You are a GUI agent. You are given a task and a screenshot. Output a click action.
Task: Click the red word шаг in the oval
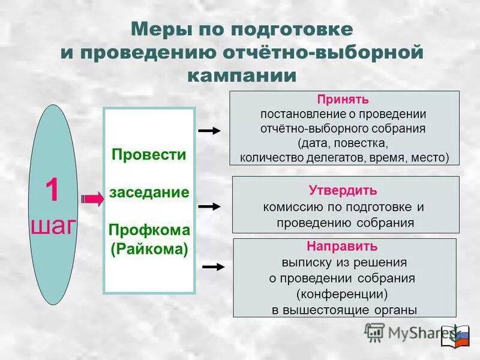click(x=53, y=226)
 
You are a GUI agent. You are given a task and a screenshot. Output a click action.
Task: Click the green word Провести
click(x=149, y=154)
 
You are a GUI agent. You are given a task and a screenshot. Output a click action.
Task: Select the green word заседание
click(x=149, y=193)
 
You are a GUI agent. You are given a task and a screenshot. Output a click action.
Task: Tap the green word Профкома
click(x=149, y=230)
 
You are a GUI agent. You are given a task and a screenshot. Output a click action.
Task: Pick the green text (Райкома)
click(x=149, y=248)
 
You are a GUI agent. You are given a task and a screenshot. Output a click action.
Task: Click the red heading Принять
click(x=343, y=99)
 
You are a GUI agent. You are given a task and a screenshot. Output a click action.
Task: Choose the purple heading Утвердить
click(x=343, y=191)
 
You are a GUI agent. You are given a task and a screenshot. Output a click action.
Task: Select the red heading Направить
click(x=343, y=247)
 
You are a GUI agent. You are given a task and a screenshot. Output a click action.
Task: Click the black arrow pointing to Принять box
click(x=210, y=130)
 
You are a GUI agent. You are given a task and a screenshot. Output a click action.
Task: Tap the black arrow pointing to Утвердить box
click(x=210, y=206)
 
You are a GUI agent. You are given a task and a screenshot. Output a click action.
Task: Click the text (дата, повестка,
click(x=343, y=143)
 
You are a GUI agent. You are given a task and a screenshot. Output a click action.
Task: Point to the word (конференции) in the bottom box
click(x=343, y=294)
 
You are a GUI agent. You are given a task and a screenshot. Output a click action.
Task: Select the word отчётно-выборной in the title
click(x=323, y=52)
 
